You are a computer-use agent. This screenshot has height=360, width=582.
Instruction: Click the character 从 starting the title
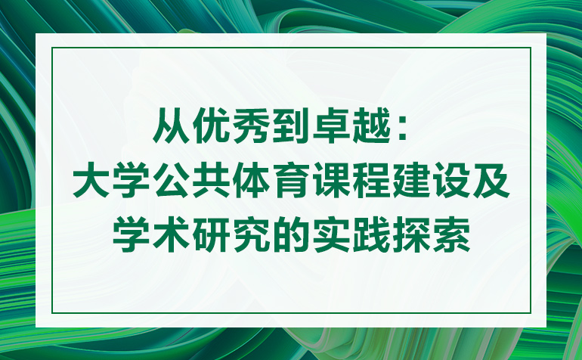pos(172,126)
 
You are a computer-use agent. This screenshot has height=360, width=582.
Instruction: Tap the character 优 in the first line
pos(211,126)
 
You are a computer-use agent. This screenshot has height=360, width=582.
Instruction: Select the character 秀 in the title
pos(251,126)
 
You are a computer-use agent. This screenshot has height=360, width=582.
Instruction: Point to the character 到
pos(291,126)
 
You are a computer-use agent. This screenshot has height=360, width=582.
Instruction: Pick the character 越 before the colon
pos(371,126)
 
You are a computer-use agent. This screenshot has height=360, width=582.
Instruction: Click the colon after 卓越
pos(401,129)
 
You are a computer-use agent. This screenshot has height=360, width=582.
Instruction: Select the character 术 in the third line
pos(172,235)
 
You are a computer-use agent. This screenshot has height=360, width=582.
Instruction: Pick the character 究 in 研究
pos(251,235)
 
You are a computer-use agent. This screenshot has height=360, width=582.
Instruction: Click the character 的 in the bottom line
pos(291,235)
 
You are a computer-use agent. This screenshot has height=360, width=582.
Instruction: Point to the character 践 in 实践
pos(371,235)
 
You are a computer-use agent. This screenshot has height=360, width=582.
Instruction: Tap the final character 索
pos(450,235)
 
